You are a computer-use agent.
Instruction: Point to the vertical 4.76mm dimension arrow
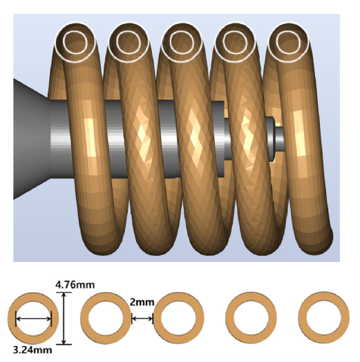click(x=63, y=318)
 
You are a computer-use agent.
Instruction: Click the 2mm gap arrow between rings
click(x=142, y=318)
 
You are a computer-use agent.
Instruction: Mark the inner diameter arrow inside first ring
click(x=34, y=318)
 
